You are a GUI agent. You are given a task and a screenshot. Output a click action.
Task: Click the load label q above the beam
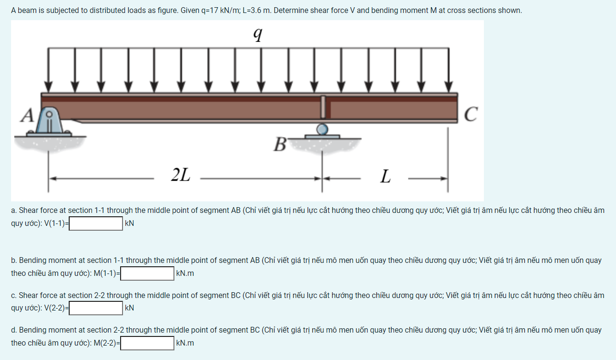pyautogui.click(x=258, y=35)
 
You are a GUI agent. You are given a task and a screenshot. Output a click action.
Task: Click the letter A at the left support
pyautogui.click(x=27, y=115)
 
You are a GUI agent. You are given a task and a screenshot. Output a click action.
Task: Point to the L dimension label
pyautogui.click(x=385, y=176)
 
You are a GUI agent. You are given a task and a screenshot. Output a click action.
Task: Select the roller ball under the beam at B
pyautogui.click(x=322, y=128)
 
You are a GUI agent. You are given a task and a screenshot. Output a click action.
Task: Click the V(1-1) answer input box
pyautogui.click(x=96, y=223)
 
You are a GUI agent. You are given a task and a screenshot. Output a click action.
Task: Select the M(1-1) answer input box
pyautogui.click(x=147, y=273)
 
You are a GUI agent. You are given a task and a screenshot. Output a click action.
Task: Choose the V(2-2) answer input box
pyautogui.click(x=96, y=308)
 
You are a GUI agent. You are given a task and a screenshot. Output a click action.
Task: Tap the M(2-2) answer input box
pyautogui.click(x=147, y=343)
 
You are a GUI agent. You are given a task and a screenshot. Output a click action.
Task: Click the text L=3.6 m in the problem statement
pyautogui.click(x=257, y=11)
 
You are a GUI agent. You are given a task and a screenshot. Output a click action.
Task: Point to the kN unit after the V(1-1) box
pyautogui.click(x=129, y=223)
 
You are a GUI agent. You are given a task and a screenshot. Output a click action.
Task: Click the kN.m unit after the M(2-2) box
pyautogui.click(x=185, y=343)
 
